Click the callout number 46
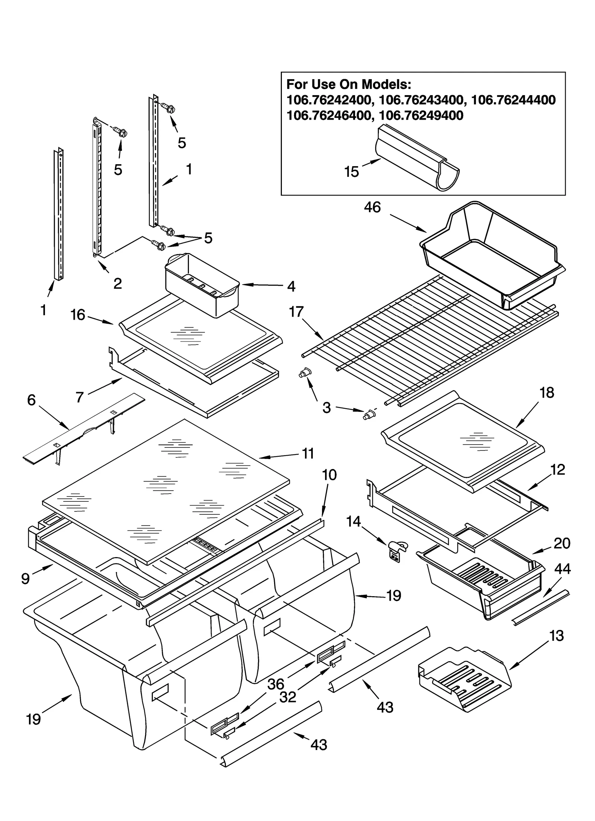pos(372,207)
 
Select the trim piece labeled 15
pos(416,158)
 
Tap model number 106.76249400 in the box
pos(421,116)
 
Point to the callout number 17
pos(296,311)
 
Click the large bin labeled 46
pos(491,256)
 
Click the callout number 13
pos(556,636)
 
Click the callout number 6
pos(31,400)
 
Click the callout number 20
pos(562,543)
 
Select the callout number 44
pos(562,569)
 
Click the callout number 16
pos(78,315)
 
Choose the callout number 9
pos(25,579)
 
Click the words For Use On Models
pos(348,84)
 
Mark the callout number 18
pos(546,392)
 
